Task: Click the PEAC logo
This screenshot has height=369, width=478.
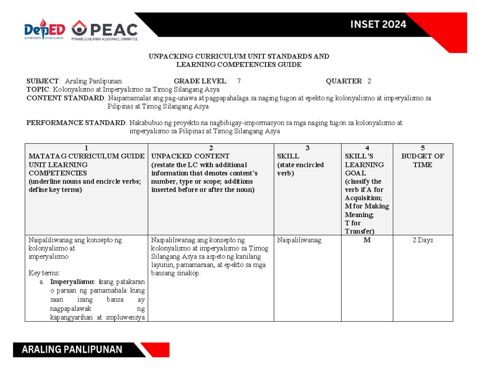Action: tap(105, 30)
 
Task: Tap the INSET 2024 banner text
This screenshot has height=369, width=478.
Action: tap(378, 24)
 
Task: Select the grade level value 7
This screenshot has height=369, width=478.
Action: tap(239, 82)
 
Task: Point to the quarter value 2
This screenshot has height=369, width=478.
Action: tap(369, 82)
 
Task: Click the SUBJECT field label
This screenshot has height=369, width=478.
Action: tap(43, 82)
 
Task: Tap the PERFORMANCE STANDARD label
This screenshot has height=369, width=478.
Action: tap(76, 123)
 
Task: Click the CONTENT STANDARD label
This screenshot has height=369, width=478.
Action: tap(66, 98)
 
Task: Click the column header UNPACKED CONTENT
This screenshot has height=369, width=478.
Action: tap(190, 156)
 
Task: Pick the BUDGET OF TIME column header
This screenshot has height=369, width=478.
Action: tap(423, 160)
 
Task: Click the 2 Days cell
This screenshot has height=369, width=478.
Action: tap(423, 240)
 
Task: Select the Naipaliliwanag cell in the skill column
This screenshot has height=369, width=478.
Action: tap(298, 240)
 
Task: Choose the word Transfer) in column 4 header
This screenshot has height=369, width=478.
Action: tap(359, 231)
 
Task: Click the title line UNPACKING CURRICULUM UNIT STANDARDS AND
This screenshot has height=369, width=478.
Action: tap(239, 56)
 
